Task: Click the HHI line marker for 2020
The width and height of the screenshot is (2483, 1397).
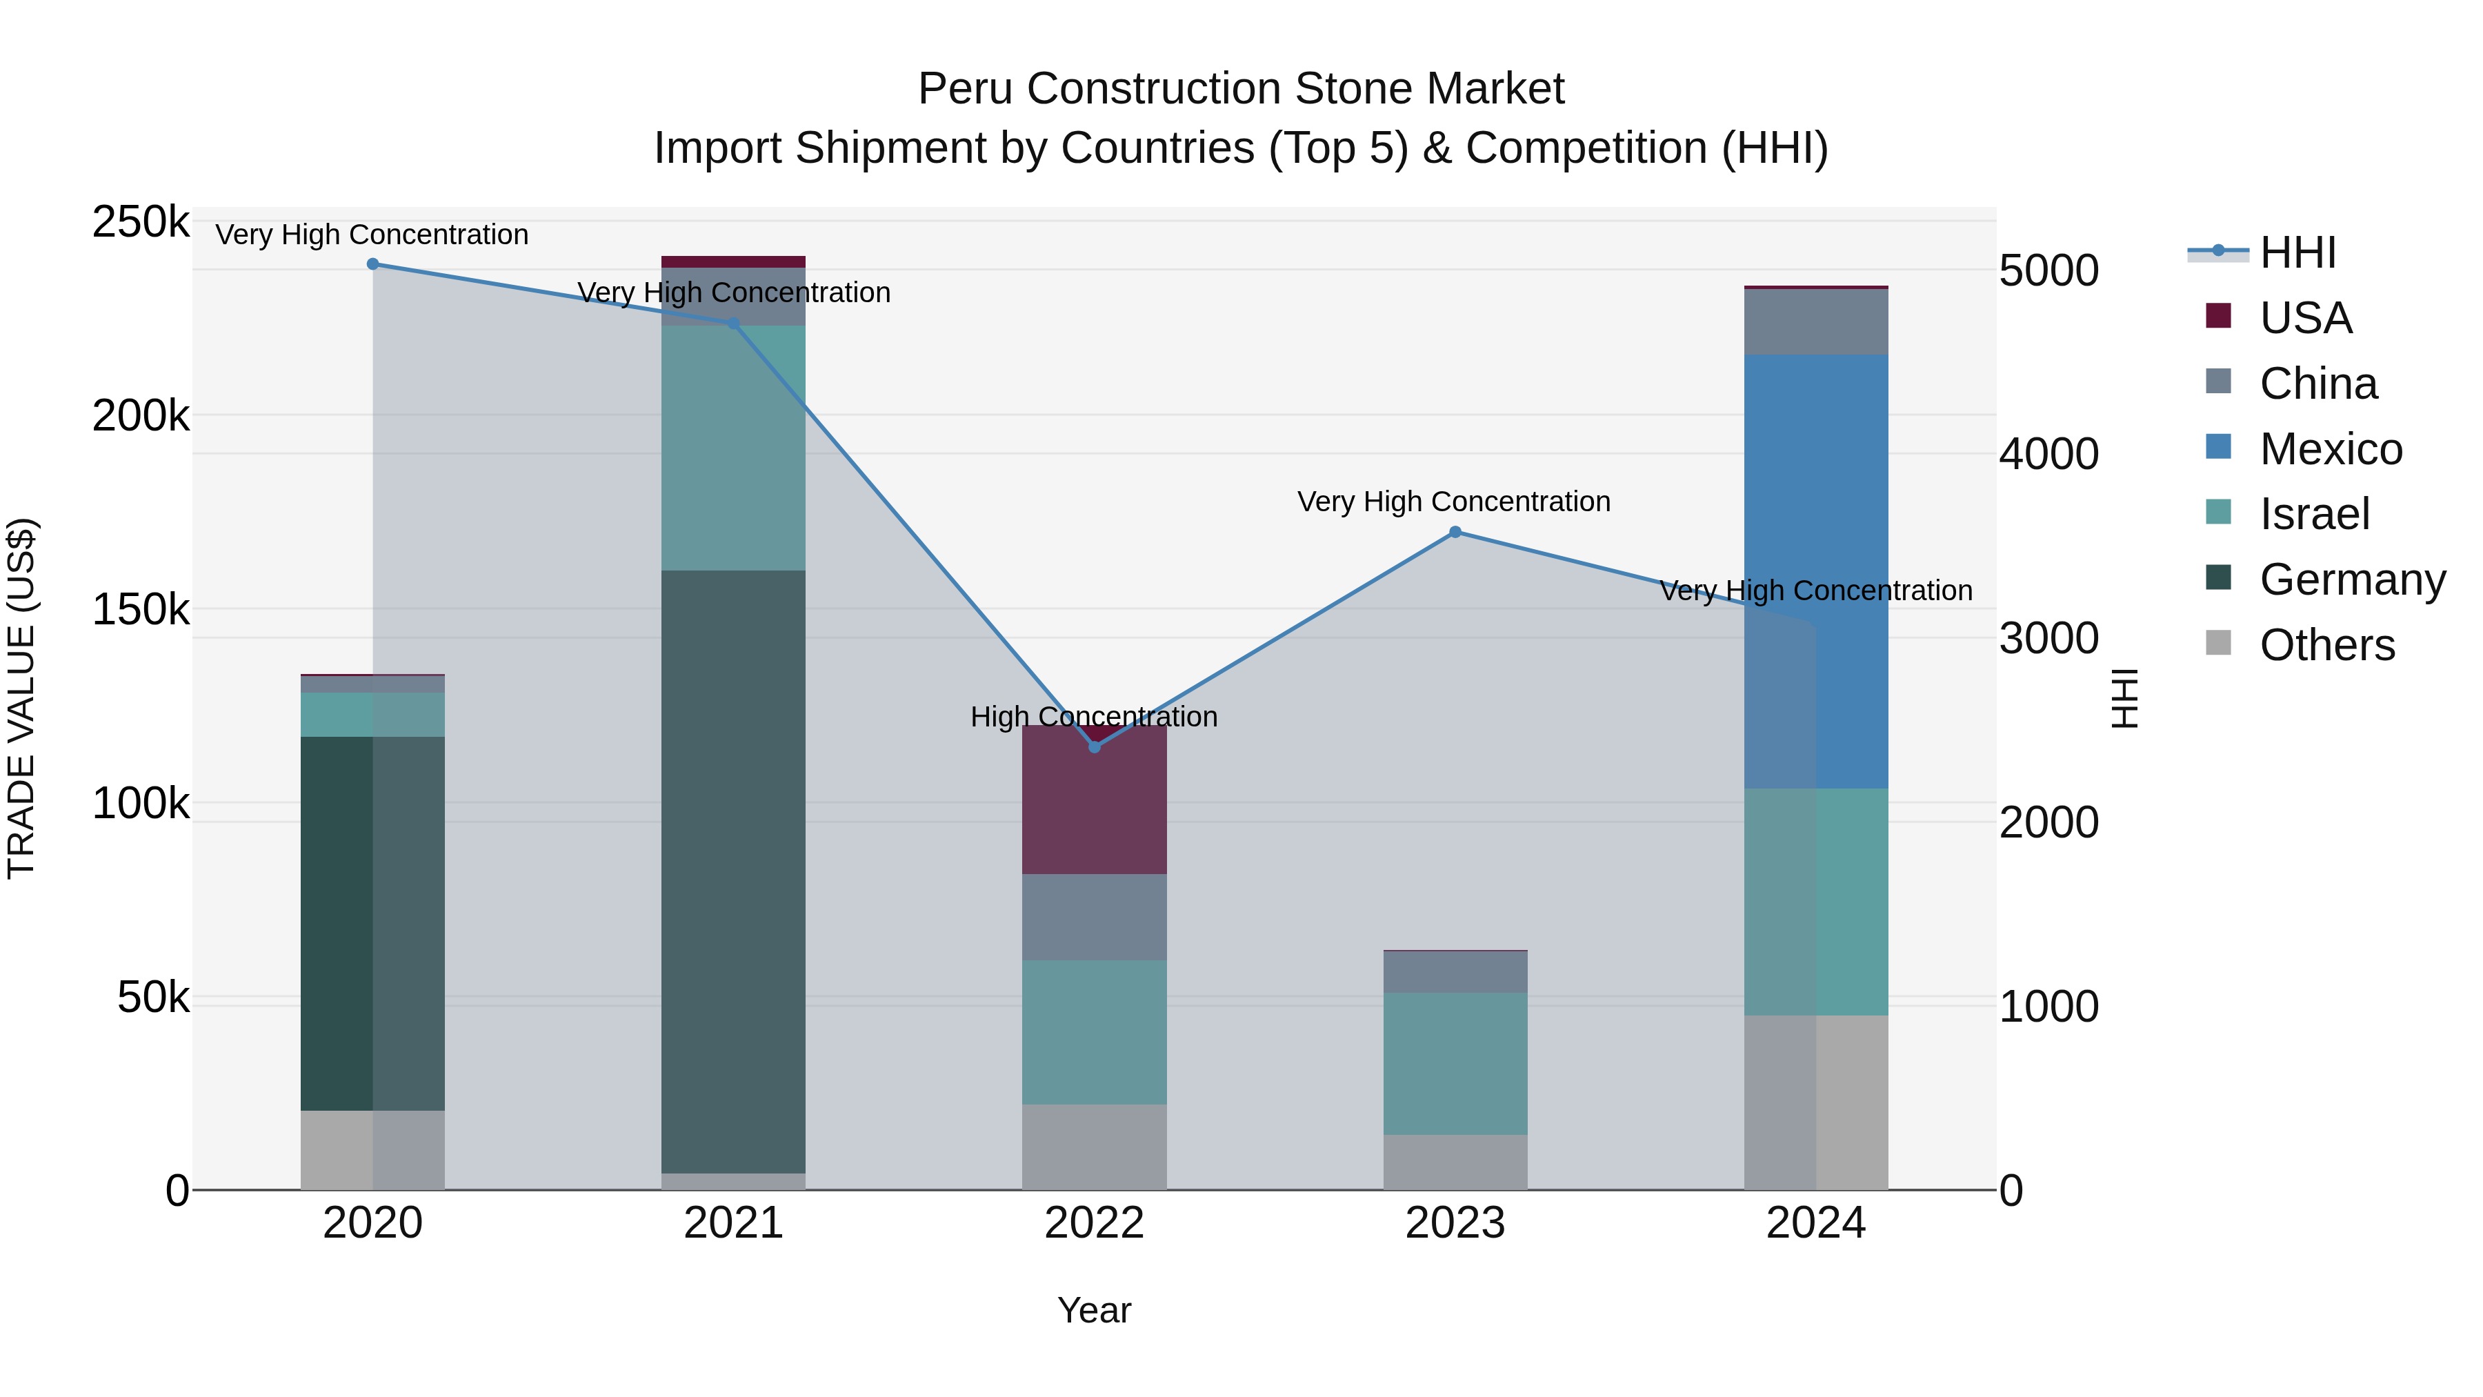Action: [373, 264]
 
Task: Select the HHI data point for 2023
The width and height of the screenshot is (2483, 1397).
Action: [1455, 532]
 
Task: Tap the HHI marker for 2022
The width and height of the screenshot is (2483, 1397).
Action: [1094, 747]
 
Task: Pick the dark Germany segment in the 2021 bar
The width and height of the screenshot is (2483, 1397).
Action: [734, 871]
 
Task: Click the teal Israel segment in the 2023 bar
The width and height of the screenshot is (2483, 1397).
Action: [1455, 1063]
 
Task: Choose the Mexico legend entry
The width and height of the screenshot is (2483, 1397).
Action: [2330, 449]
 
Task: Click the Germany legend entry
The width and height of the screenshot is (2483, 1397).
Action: [2351, 579]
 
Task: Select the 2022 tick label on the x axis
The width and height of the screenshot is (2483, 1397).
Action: [1094, 1223]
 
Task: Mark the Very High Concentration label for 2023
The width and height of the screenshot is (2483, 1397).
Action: [1453, 502]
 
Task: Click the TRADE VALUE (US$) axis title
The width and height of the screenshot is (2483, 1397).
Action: [21, 698]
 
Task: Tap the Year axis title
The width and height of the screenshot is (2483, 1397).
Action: [1094, 1310]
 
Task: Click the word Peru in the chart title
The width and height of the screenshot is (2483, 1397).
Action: [965, 89]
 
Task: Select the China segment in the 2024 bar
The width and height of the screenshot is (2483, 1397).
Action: [1816, 322]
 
